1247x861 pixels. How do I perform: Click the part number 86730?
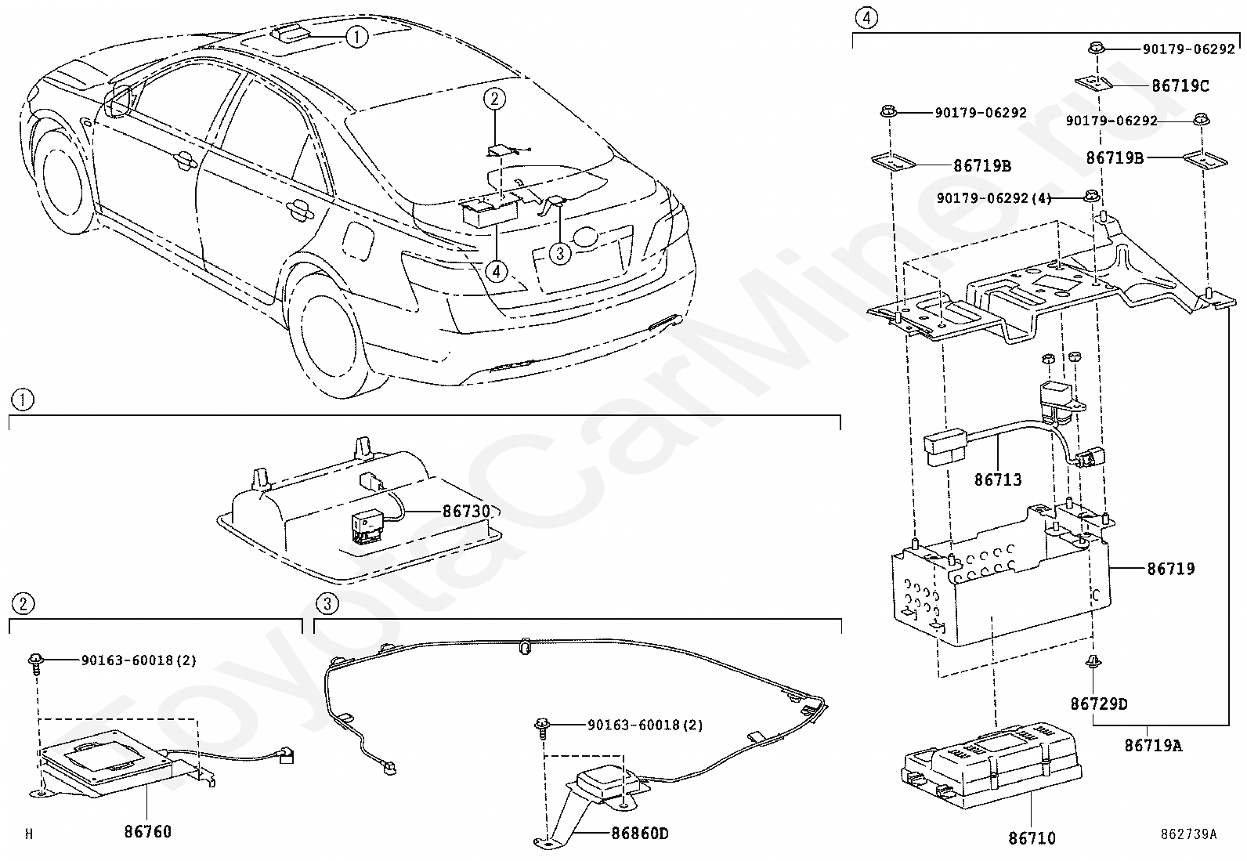(x=467, y=511)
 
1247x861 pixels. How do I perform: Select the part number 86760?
(x=147, y=831)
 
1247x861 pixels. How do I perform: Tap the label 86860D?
(x=640, y=833)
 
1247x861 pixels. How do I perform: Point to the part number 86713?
(x=998, y=479)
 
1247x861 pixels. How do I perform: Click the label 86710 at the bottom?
(x=1032, y=838)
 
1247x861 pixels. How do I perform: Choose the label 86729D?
(x=1099, y=704)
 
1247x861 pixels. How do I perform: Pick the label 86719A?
(x=1153, y=745)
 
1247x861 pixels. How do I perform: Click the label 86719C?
(x=1180, y=85)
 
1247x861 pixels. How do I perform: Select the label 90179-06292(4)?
(x=994, y=197)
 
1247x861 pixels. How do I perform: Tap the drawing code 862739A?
(x=1188, y=834)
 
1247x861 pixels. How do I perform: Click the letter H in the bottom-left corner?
(x=29, y=834)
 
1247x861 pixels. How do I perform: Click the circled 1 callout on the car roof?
(x=357, y=38)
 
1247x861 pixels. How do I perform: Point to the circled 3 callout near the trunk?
(x=560, y=254)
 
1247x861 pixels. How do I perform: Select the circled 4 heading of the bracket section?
(x=866, y=18)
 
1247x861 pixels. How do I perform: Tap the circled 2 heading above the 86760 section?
(x=23, y=603)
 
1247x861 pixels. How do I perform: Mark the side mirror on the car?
(x=121, y=101)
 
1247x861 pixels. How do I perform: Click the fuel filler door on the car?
(x=359, y=241)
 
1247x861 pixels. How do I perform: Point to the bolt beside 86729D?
(x=1093, y=662)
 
